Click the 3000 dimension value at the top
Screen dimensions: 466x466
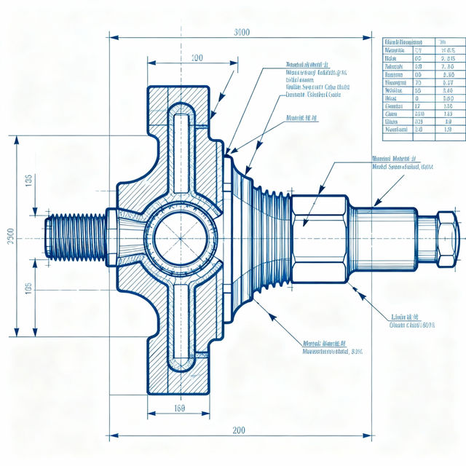click(242, 32)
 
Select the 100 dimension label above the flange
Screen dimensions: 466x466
click(197, 58)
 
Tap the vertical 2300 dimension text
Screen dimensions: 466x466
click(9, 237)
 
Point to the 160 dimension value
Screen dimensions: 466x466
click(180, 408)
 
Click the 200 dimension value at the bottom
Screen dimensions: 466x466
click(239, 430)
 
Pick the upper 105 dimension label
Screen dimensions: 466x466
click(28, 180)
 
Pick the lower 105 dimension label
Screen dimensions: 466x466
click(28, 288)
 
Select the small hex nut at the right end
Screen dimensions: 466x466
click(447, 237)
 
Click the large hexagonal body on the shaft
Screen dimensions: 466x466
click(320, 237)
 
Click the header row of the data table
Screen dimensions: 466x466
click(418, 42)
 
